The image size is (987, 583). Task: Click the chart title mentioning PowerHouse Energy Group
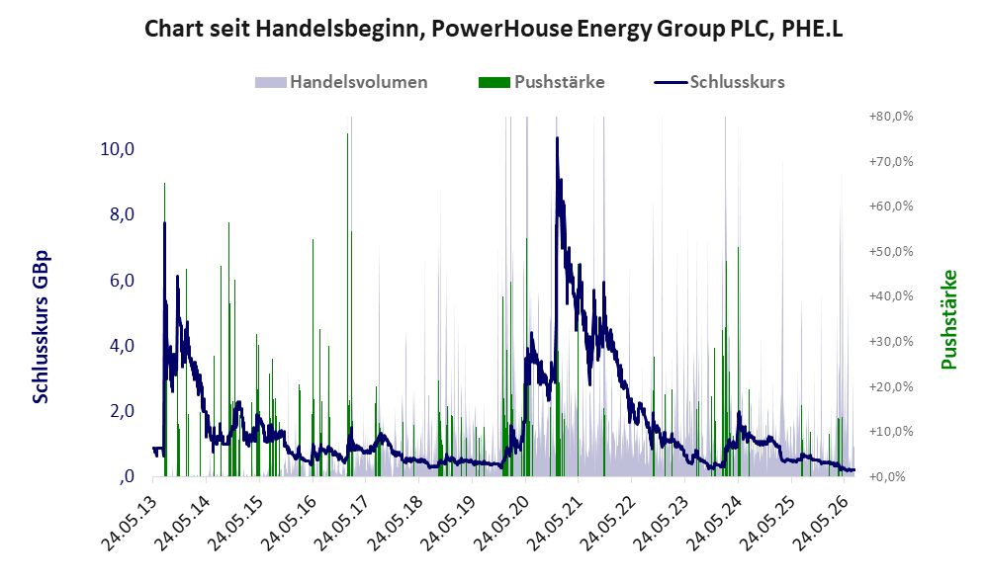pyautogui.click(x=493, y=29)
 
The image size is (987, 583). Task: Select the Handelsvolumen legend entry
pyautogui.click(x=341, y=82)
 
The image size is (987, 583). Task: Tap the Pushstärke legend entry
pyautogui.click(x=541, y=82)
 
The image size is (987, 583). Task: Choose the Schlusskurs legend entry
pyautogui.click(x=719, y=82)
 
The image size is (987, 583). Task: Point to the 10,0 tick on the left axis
pyautogui.click(x=117, y=149)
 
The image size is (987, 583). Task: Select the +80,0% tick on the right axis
pyautogui.click(x=891, y=117)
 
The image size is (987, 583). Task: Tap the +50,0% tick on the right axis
pyautogui.click(x=891, y=252)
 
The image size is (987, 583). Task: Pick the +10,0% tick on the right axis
pyautogui.click(x=891, y=432)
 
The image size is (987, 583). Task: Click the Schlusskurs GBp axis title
pyautogui.click(x=41, y=327)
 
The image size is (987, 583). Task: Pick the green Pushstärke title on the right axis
pyautogui.click(x=949, y=319)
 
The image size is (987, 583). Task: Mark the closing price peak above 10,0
pyautogui.click(x=557, y=138)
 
